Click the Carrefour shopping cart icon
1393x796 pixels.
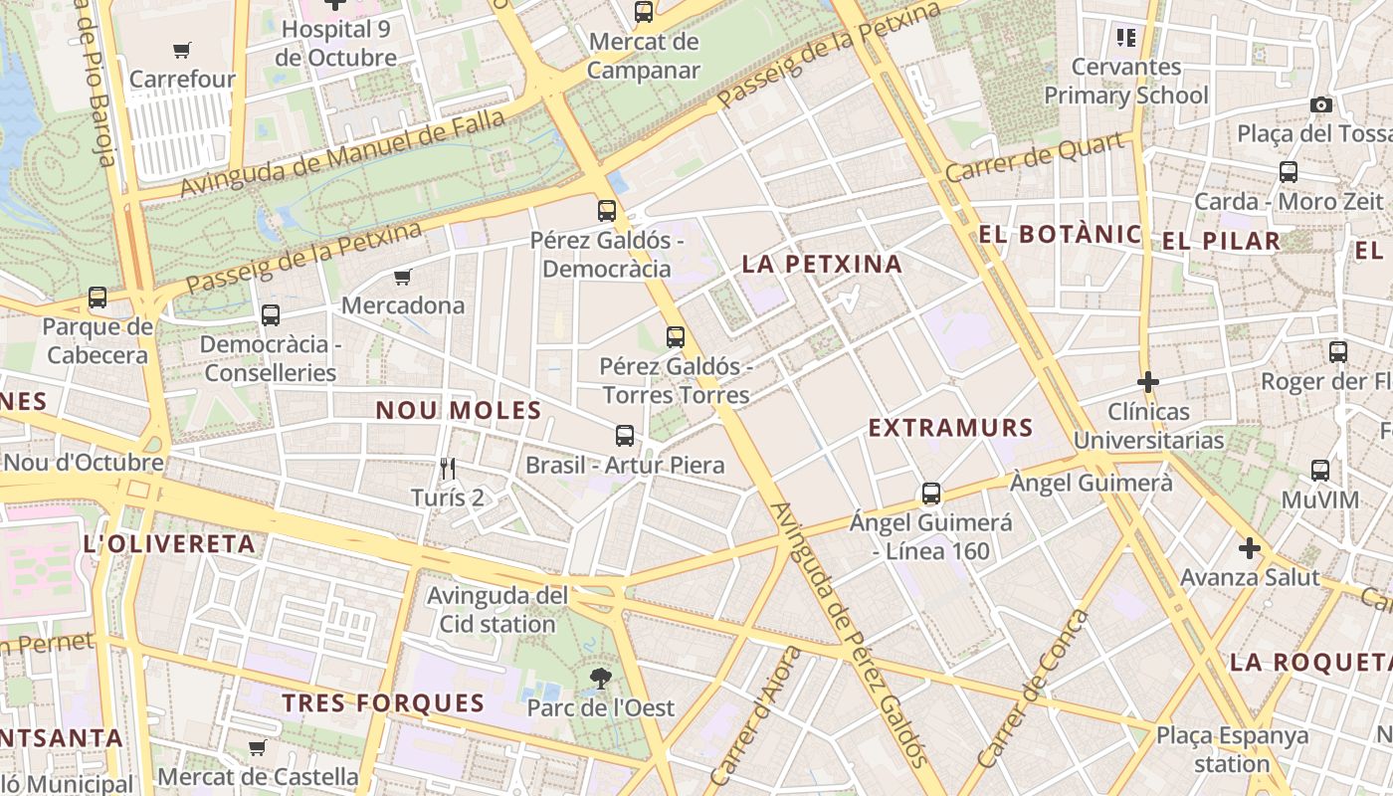[182, 50]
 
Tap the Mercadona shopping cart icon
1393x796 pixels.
[403, 277]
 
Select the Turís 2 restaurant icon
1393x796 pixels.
[448, 468]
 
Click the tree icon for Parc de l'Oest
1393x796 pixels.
[600, 679]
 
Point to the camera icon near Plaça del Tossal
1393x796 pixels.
[1320, 104]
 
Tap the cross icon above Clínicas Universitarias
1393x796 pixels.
[1148, 382]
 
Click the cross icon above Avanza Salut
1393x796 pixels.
[1249, 548]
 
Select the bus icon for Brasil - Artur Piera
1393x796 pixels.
[625, 436]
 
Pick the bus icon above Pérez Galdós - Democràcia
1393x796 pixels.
[606, 211]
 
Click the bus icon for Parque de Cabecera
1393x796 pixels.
[98, 298]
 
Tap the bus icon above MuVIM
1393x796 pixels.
[1319, 471]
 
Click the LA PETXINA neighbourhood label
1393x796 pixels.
[822, 264]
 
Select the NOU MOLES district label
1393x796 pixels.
[458, 410]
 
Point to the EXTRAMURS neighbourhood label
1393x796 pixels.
[950, 428]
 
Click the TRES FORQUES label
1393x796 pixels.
[383, 703]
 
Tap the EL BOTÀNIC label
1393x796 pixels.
[1060, 235]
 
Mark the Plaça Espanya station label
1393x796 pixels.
[1232, 749]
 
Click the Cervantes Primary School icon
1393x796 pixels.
[1126, 38]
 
